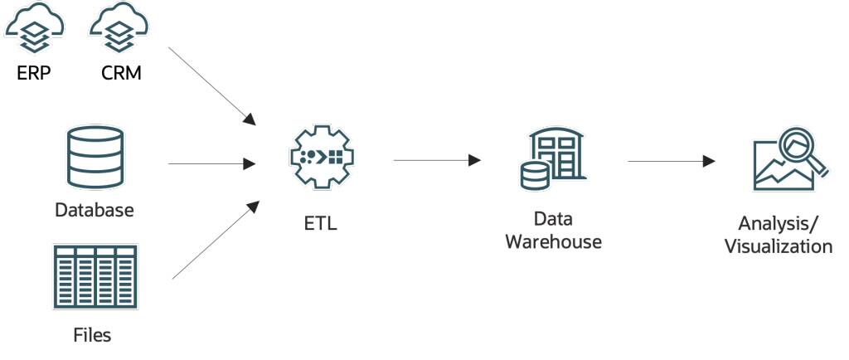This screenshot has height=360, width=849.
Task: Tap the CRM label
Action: pyautogui.click(x=120, y=73)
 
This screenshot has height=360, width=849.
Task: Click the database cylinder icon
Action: pyautogui.click(x=94, y=158)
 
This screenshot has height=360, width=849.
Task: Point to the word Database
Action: pyautogui.click(x=94, y=210)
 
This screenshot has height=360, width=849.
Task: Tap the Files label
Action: pyautogui.click(x=91, y=336)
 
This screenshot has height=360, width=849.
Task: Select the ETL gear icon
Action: pyautogui.click(x=320, y=156)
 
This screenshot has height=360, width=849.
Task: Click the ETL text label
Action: pyautogui.click(x=320, y=223)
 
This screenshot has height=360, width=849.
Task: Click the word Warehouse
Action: pyautogui.click(x=553, y=242)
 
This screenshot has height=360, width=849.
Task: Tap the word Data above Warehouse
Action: pyautogui.click(x=553, y=220)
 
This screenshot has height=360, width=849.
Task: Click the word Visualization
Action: pyautogui.click(x=778, y=246)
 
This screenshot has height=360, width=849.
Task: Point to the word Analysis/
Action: pyautogui.click(x=778, y=224)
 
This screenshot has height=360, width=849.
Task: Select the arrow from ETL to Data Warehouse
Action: pyautogui.click(x=437, y=160)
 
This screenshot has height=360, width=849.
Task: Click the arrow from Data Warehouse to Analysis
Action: pyautogui.click(x=672, y=161)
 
